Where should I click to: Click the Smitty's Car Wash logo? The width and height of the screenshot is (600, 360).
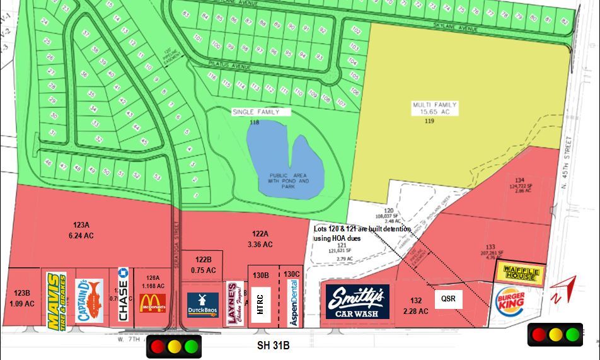(357, 301)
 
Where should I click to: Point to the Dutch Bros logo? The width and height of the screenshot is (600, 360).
(203, 305)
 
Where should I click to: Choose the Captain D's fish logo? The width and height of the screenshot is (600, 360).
(89, 301)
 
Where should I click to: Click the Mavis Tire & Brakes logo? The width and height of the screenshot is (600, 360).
(56, 301)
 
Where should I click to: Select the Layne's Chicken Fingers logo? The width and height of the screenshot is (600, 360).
(235, 304)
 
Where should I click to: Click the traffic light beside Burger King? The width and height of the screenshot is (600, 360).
(555, 334)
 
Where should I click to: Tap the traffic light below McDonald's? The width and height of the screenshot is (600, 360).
(174, 346)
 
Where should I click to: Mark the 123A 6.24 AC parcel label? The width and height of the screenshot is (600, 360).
(81, 229)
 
